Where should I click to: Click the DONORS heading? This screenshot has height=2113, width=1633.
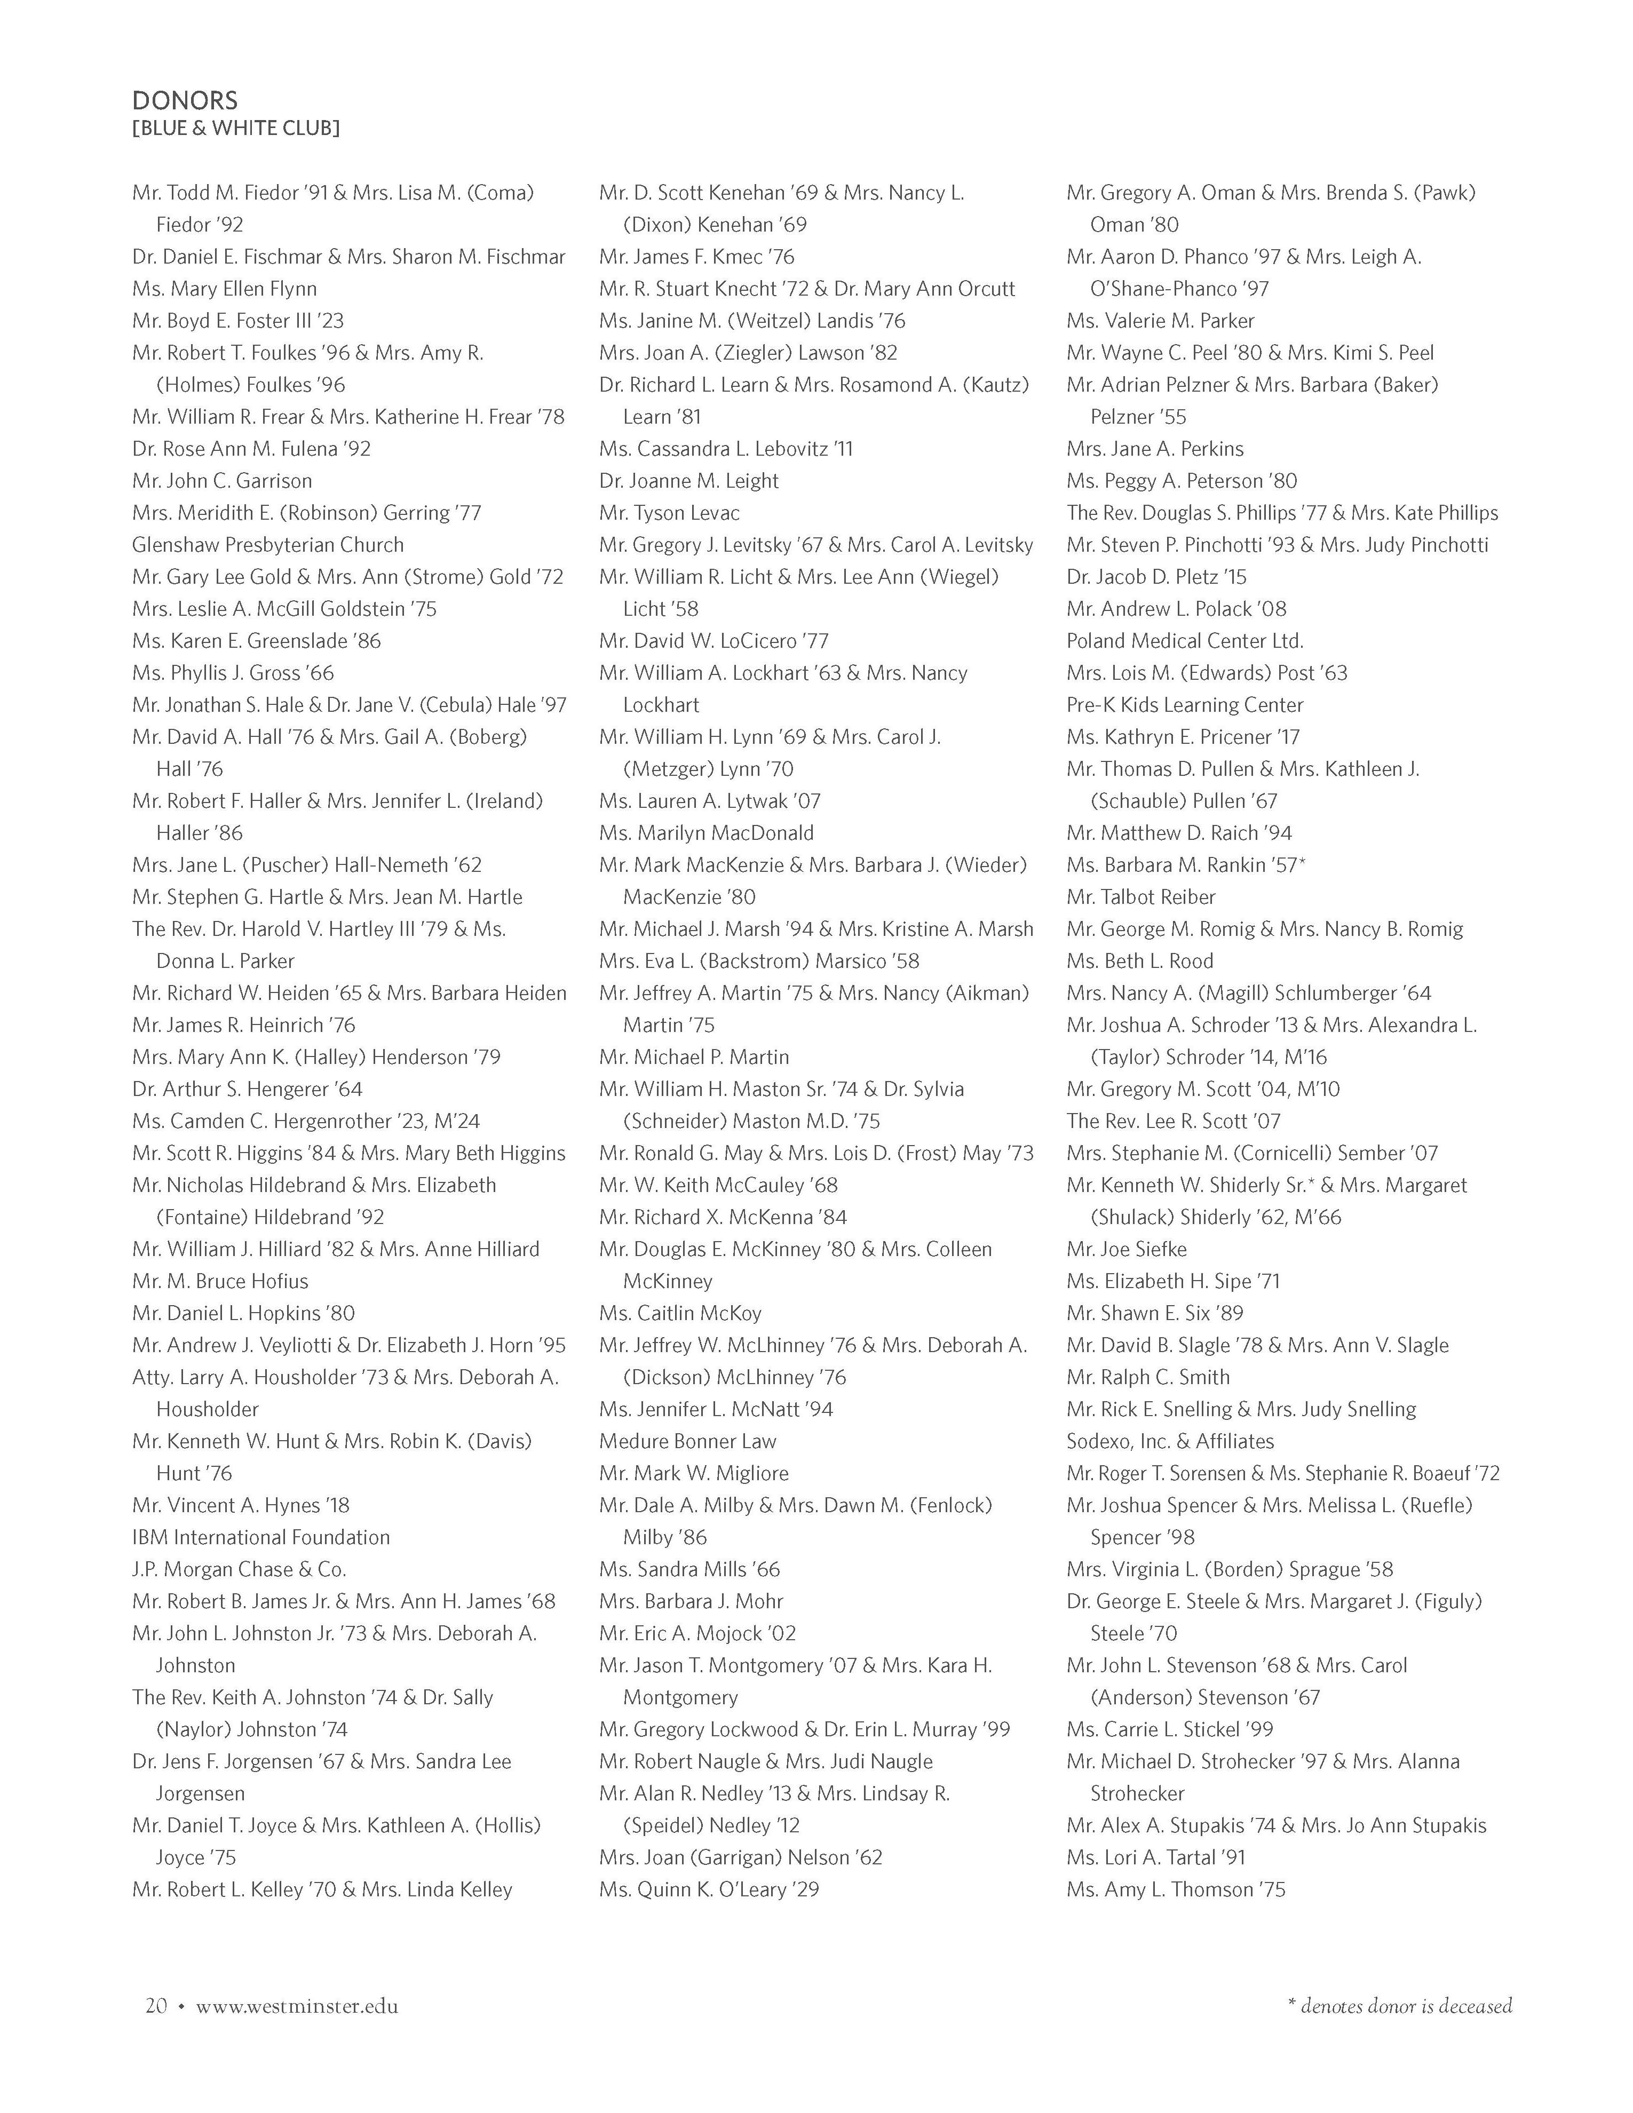[x=185, y=101]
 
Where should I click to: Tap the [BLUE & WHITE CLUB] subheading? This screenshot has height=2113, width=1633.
[x=235, y=128]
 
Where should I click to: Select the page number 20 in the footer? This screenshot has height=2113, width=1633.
[x=156, y=2006]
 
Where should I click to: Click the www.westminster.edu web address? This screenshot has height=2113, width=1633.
[x=297, y=2006]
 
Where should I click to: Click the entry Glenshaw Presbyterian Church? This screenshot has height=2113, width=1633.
[x=268, y=545]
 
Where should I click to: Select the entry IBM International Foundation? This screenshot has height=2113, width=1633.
[x=261, y=1536]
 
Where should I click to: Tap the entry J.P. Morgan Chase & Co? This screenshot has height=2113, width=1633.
[x=239, y=1568]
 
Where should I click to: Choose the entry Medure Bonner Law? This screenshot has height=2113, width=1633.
[x=688, y=1441]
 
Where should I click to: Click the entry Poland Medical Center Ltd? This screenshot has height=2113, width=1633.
[x=1185, y=640]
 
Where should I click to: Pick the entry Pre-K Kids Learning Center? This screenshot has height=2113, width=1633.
[x=1185, y=704]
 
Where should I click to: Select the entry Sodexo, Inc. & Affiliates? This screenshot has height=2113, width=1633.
[x=1170, y=1441]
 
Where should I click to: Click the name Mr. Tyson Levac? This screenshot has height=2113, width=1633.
[x=669, y=513]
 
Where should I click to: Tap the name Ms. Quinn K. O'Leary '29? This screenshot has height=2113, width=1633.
[x=709, y=1888]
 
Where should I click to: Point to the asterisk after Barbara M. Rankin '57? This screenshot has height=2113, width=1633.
[x=1302, y=862]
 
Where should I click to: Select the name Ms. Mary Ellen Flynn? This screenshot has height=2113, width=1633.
[x=225, y=288]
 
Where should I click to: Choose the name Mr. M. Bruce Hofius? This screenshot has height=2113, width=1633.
[x=220, y=1281]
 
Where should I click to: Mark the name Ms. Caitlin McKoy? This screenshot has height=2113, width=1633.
[x=680, y=1313]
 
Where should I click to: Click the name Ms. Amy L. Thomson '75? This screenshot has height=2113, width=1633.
[x=1176, y=1888]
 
